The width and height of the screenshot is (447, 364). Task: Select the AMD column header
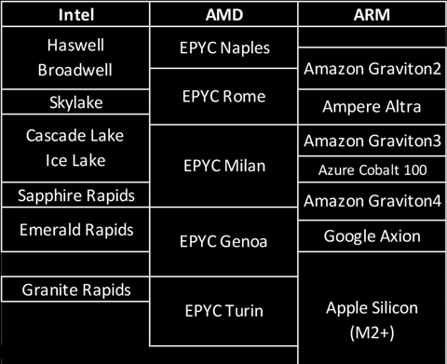(223, 16)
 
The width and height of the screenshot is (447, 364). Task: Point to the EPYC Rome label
(223, 96)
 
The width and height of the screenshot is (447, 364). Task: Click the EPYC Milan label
(223, 167)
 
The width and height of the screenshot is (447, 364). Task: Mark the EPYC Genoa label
(223, 244)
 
